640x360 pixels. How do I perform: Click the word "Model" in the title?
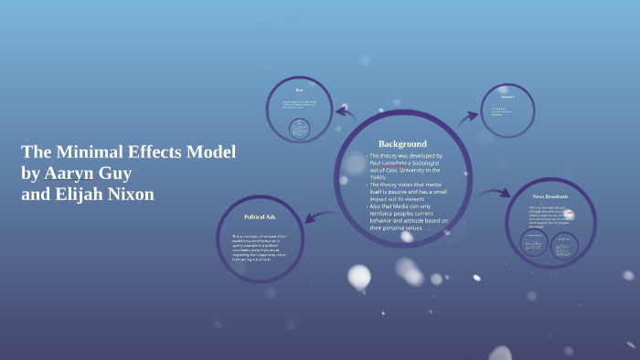click(211, 152)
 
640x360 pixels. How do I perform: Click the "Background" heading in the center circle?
click(402, 143)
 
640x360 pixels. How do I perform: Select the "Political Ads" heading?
click(260, 217)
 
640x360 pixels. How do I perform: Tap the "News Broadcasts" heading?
click(550, 196)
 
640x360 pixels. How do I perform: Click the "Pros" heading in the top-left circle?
click(299, 90)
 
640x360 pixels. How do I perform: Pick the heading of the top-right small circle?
click(507, 96)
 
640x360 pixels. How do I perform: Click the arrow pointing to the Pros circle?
click(346, 113)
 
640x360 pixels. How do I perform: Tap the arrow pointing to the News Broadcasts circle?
click(495, 194)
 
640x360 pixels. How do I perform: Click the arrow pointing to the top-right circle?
click(467, 116)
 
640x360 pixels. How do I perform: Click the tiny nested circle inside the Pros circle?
click(299, 129)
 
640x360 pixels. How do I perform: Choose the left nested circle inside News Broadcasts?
click(534, 243)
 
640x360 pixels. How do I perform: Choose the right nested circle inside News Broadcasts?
click(563, 246)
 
